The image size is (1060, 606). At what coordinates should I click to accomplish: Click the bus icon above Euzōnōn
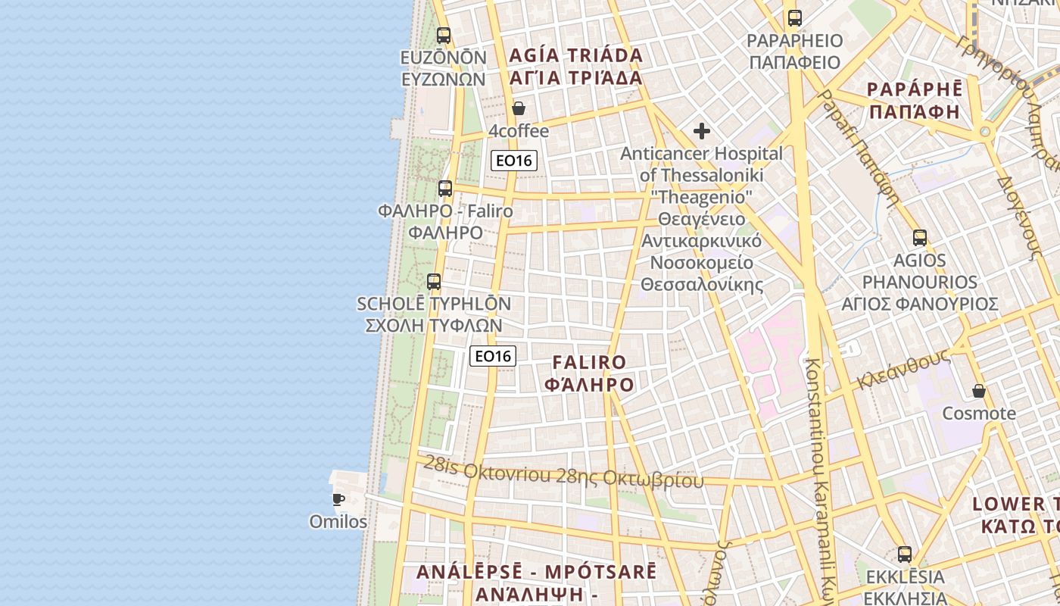[444, 36]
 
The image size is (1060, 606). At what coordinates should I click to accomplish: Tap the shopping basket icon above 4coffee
[519, 108]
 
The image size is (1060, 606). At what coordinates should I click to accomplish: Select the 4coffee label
[519, 131]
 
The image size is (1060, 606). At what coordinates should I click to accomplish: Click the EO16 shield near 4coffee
[514, 161]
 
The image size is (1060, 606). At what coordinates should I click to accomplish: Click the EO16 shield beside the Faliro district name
[493, 356]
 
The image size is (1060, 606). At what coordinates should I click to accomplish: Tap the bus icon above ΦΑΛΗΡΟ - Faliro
[445, 189]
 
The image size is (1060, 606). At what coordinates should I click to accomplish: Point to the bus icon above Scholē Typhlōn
[434, 282]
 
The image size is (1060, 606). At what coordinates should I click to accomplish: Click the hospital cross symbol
[702, 131]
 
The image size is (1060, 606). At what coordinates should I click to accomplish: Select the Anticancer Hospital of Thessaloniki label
[702, 164]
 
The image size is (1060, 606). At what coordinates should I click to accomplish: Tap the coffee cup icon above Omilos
[338, 499]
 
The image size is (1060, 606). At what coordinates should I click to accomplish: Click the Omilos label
[338, 522]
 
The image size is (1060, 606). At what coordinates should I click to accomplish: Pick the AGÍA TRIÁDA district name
[576, 55]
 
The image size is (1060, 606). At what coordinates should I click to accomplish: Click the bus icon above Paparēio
[794, 18]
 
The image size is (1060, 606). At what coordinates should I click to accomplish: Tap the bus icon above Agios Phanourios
[920, 238]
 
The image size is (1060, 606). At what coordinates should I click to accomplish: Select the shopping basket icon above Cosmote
[979, 391]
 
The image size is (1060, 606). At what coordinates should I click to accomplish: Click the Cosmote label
[979, 414]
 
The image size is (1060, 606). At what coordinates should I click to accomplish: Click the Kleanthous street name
[903, 371]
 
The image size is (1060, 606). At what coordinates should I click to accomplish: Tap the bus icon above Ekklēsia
[905, 554]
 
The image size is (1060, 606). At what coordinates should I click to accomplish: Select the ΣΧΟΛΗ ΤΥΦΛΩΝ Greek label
[434, 326]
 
